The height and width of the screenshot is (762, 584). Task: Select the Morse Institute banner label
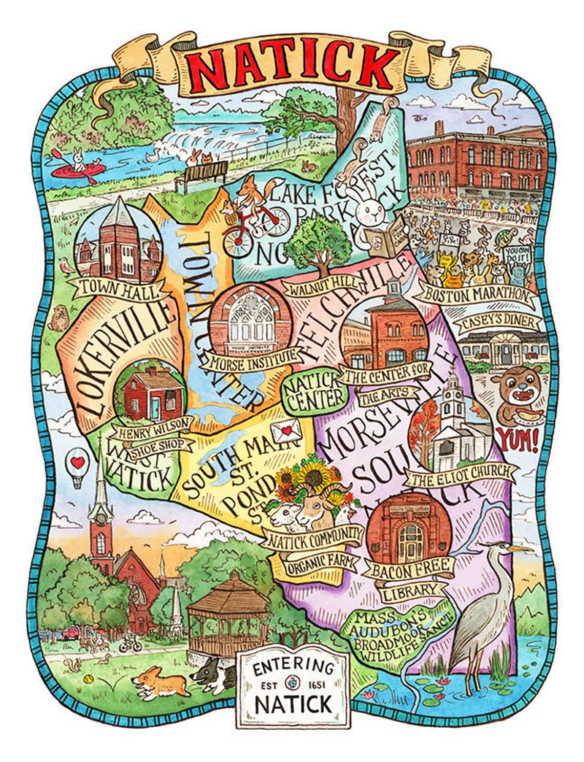click(249, 359)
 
